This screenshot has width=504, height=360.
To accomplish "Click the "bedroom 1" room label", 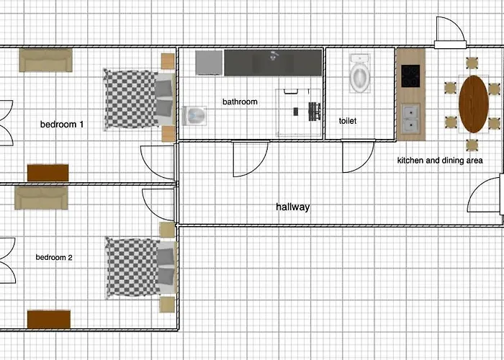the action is [x=62, y=124].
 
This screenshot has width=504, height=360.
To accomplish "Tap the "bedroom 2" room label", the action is [x=54, y=257].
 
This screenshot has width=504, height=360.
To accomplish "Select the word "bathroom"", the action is [x=240, y=102].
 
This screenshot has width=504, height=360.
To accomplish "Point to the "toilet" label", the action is [x=348, y=121].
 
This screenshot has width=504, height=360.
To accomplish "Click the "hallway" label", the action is [x=293, y=207].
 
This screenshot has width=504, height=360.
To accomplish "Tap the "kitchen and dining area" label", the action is [x=440, y=160].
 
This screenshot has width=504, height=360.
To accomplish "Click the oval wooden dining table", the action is [x=474, y=104].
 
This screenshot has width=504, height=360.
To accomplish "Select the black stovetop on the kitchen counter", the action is [x=410, y=76].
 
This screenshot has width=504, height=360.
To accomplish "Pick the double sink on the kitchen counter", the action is [x=410, y=117].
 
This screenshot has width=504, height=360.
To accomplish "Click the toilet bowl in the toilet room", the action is [x=360, y=73].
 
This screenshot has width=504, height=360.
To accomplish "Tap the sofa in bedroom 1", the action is [x=45, y=60].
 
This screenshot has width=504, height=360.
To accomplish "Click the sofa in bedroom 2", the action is [x=41, y=198].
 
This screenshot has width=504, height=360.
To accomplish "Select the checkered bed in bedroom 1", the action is [x=139, y=99].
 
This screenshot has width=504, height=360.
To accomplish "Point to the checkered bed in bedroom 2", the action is [x=141, y=268].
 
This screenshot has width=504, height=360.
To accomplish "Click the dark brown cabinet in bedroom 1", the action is [x=48, y=173].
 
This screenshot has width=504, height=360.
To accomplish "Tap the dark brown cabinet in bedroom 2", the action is [x=49, y=319].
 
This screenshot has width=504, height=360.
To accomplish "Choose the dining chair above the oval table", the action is [x=472, y=63].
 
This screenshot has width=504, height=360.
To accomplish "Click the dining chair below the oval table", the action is [x=472, y=145].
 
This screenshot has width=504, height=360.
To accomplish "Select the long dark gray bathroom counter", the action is [x=273, y=63].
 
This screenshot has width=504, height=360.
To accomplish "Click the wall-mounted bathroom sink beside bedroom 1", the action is [x=194, y=116].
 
